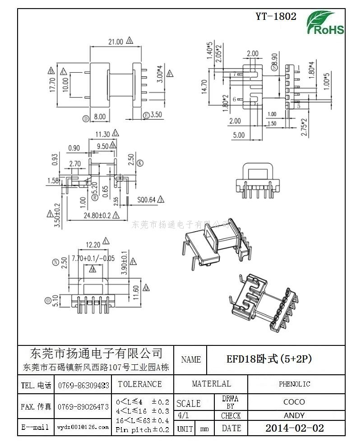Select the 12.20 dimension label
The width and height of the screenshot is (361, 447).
(93, 244)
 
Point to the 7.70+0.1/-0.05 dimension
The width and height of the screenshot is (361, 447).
(93, 259)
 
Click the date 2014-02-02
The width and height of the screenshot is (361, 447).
(294, 428)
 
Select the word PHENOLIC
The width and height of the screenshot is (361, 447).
(294, 384)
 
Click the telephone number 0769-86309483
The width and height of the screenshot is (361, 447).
(83, 385)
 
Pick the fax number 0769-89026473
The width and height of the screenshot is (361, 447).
(83, 406)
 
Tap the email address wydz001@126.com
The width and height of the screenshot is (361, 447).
(83, 427)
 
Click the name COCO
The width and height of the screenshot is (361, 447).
(294, 402)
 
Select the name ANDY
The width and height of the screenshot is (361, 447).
(294, 415)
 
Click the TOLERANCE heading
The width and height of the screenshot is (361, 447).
(139, 384)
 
